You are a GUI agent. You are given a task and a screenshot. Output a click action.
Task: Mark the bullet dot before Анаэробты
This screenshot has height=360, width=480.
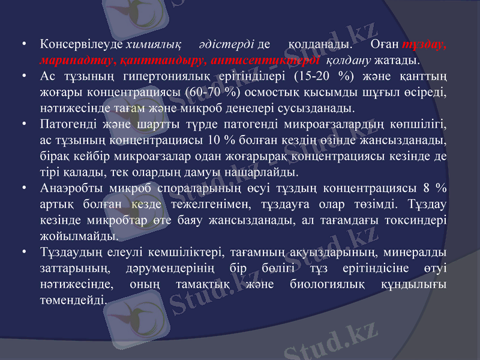coord(22,188)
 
